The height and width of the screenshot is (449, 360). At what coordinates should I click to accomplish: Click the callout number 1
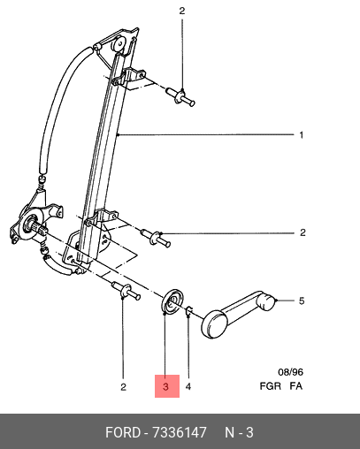pyautogui.click(x=301, y=135)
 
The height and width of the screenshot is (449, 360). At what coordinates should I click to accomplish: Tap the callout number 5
pyautogui.click(x=302, y=301)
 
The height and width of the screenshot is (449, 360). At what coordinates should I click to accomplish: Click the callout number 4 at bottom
pyautogui.click(x=188, y=386)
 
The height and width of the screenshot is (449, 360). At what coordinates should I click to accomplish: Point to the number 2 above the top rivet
pyautogui.click(x=182, y=11)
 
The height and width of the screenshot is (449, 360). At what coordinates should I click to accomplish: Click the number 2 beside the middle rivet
pyautogui.click(x=303, y=232)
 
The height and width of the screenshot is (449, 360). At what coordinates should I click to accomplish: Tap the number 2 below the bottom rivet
pyautogui.click(x=123, y=386)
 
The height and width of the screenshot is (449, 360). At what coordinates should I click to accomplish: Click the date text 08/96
pyautogui.click(x=290, y=372)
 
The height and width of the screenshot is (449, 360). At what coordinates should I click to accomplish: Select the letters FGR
pyautogui.click(x=270, y=386)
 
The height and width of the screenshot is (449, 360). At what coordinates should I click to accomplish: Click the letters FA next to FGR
pyautogui.click(x=295, y=386)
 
